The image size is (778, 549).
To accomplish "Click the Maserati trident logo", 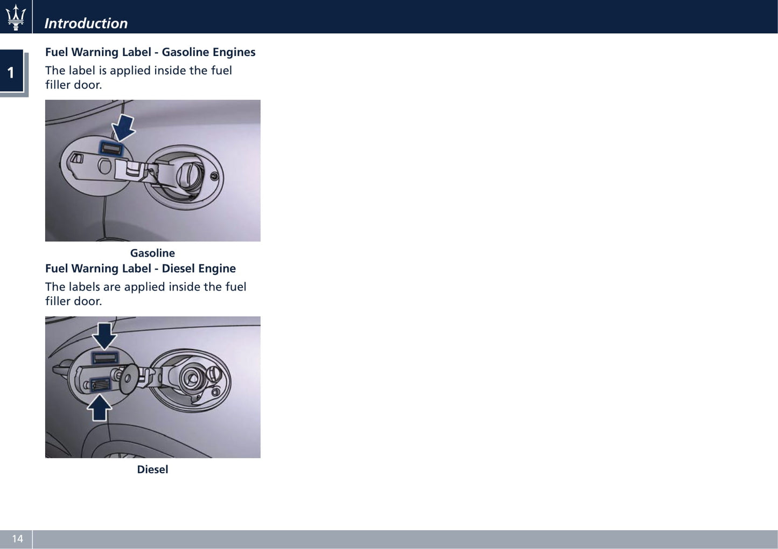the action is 16,17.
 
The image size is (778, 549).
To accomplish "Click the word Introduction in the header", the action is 86,23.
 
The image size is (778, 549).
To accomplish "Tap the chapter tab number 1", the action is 11,73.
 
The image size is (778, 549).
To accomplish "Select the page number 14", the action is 17,539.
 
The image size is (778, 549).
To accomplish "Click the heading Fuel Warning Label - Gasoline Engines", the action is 150,52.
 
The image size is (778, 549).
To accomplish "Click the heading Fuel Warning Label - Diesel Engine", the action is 141,268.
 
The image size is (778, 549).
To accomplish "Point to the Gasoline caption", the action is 152,253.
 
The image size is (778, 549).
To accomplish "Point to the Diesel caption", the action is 152,469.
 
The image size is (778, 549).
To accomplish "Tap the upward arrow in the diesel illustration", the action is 99,408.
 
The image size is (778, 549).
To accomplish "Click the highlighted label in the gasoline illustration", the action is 111,148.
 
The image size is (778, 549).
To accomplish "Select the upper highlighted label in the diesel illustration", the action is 104,358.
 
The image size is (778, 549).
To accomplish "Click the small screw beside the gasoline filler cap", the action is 215,176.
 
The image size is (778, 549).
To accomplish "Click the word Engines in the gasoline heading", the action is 234,52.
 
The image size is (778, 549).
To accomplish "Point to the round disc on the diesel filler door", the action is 129,379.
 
